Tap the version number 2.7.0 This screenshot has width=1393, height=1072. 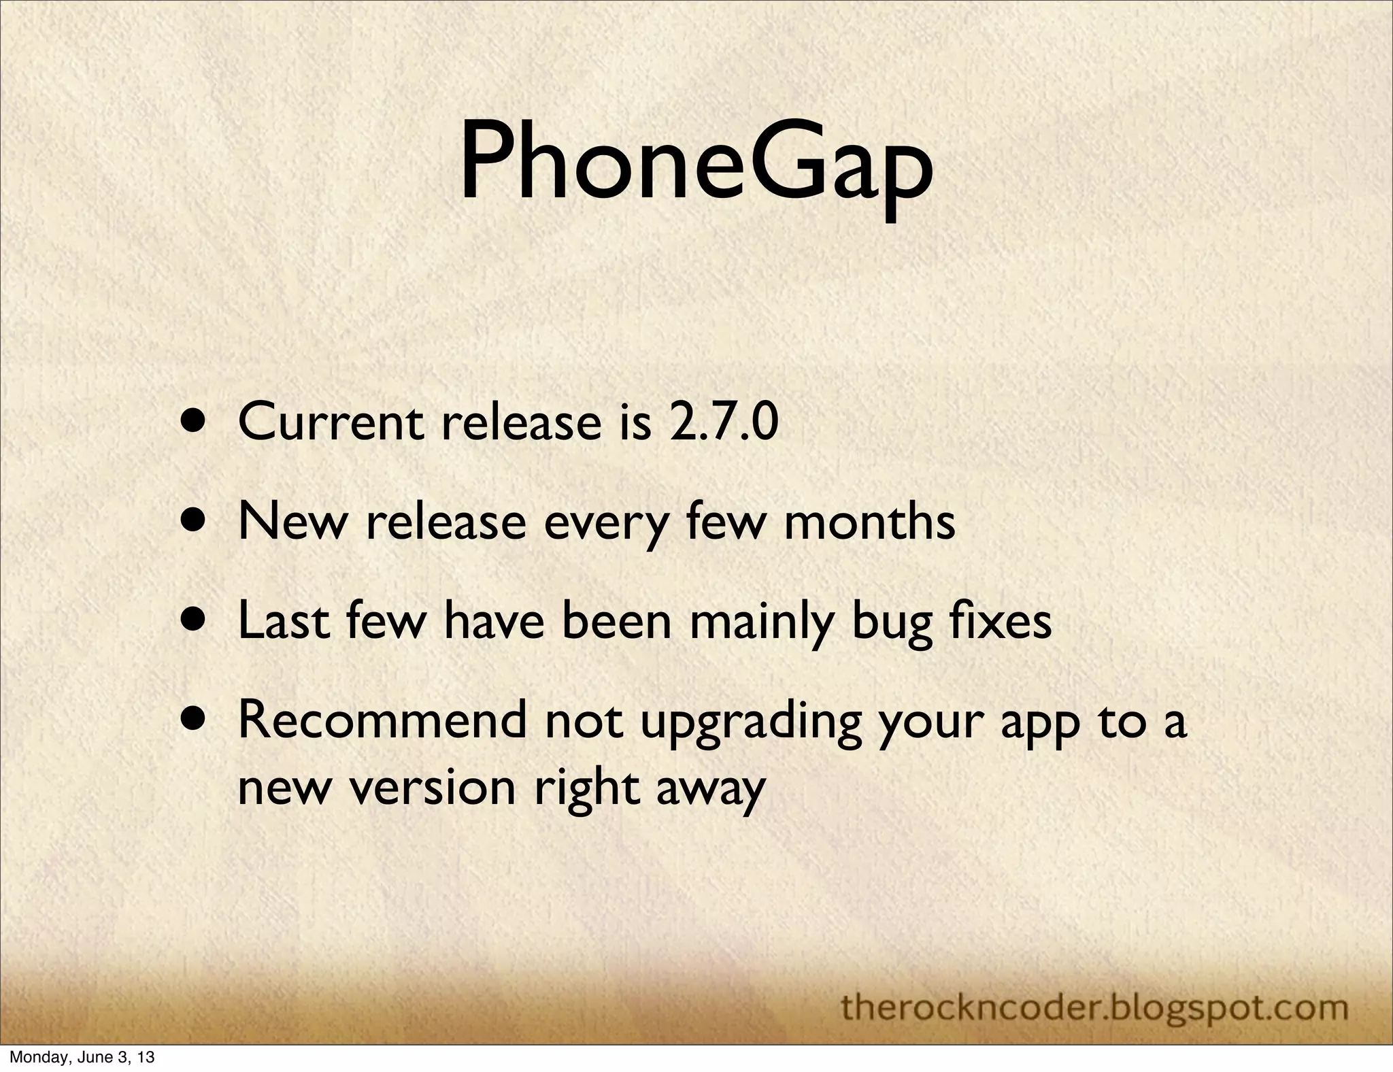coord(724,422)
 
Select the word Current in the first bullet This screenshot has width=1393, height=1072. coord(332,422)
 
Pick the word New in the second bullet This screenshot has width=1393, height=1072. coord(292,522)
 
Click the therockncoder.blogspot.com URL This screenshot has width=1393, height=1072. coord(1094,1007)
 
